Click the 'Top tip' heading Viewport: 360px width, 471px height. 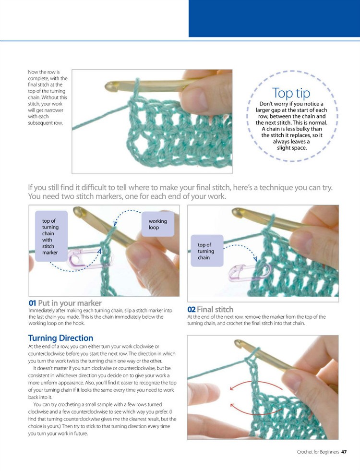pos(291,93)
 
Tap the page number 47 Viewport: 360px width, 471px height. pos(344,452)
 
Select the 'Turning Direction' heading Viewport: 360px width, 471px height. pos(60,338)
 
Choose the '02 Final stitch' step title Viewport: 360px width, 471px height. pos(210,310)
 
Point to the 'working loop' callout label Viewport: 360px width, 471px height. pos(157,224)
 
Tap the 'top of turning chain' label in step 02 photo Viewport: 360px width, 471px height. pos(206,251)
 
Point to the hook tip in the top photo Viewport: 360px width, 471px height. pos(110,87)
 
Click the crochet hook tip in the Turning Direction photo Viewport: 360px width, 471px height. pos(237,344)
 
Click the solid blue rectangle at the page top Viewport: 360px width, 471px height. pos(274,18)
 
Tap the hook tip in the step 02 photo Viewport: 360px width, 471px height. pos(236,212)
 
